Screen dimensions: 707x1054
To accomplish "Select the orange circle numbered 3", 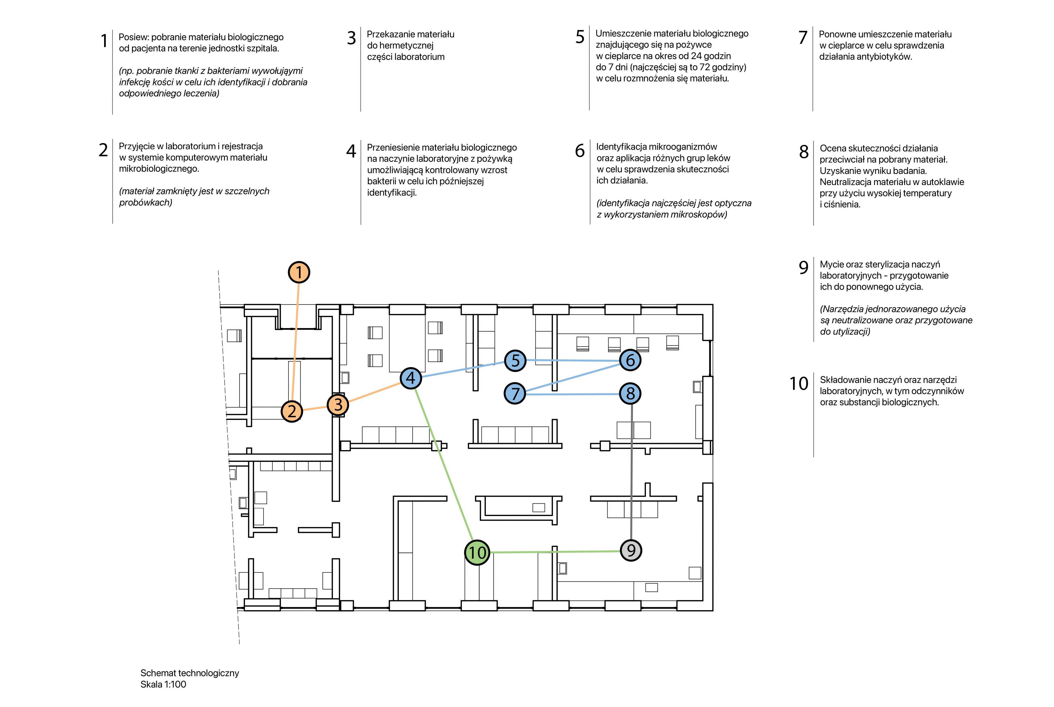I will [338, 405].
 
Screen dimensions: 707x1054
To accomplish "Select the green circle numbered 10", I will [477, 552].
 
